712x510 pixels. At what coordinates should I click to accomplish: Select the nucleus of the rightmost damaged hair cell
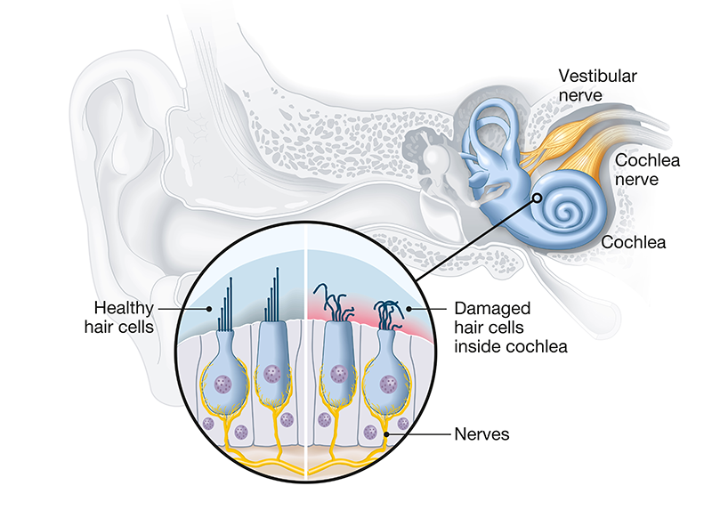[389, 385]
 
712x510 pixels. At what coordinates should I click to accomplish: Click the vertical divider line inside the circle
[305, 356]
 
